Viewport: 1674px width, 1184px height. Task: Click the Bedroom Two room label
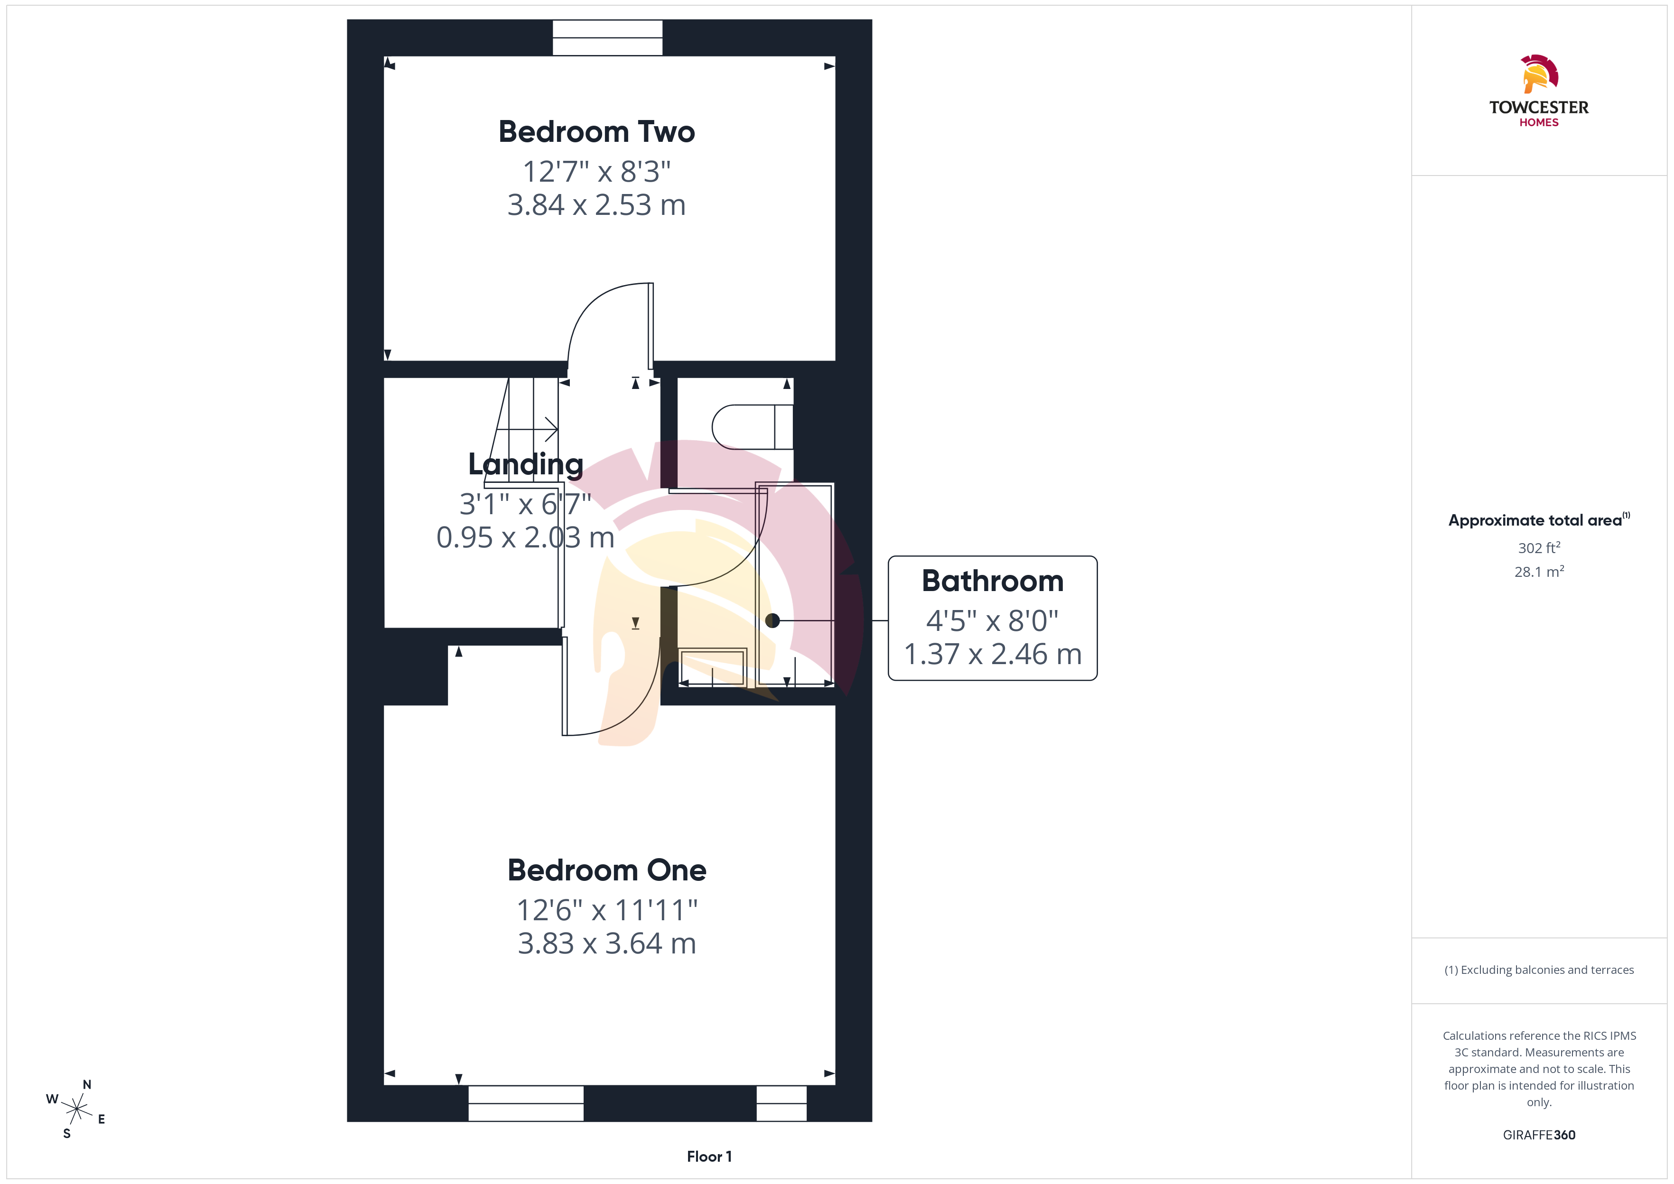coord(596,132)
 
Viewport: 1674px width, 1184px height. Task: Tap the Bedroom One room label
coord(606,870)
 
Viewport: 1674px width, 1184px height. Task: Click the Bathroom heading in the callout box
coord(992,581)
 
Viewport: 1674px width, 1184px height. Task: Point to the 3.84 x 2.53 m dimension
coord(596,205)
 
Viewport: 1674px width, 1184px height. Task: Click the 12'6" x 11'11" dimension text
coord(606,910)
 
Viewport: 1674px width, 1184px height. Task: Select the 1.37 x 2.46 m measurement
coord(992,654)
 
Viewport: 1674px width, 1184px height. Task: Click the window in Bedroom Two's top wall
coord(607,37)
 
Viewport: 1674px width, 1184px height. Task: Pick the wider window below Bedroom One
coord(526,1103)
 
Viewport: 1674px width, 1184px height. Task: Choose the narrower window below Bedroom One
coord(781,1103)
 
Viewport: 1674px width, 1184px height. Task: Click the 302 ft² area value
coord(1539,547)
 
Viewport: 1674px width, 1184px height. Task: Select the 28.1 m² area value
coord(1539,572)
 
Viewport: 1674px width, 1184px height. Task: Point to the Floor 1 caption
coord(709,1156)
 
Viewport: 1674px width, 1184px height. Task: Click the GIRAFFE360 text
coord(1539,1135)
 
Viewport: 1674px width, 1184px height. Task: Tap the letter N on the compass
coord(87,1085)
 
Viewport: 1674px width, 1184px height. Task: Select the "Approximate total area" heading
coord(1535,520)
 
